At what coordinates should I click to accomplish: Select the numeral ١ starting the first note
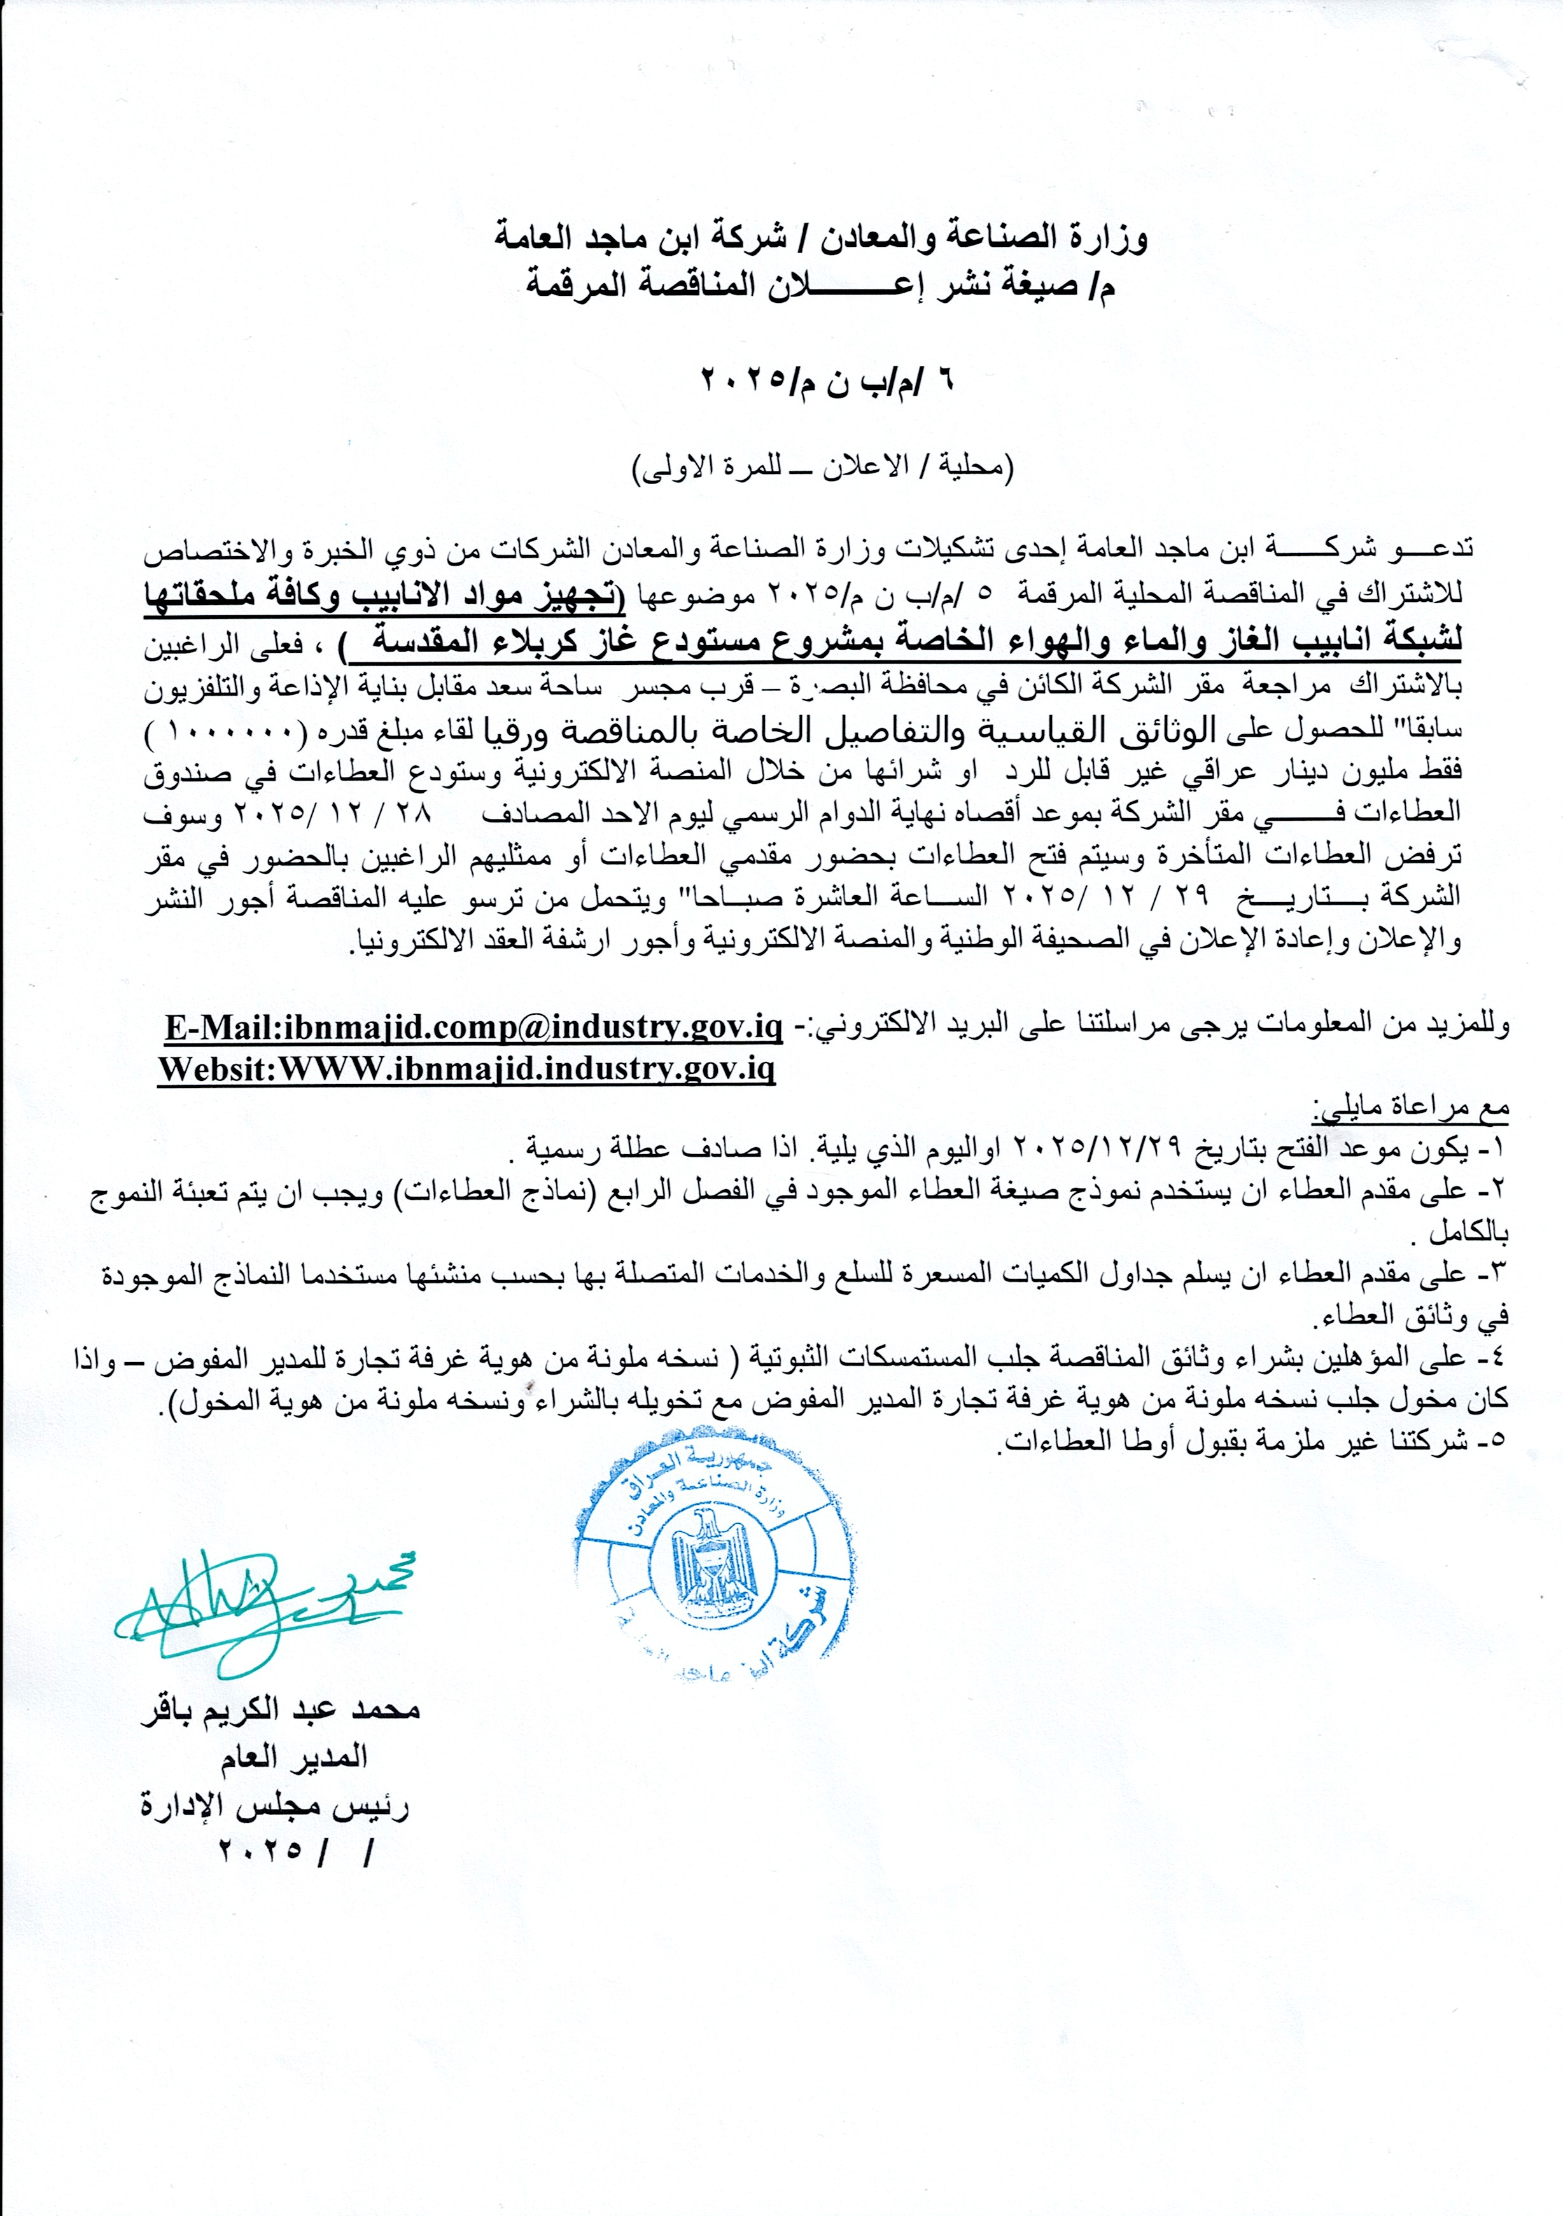(1499, 1150)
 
